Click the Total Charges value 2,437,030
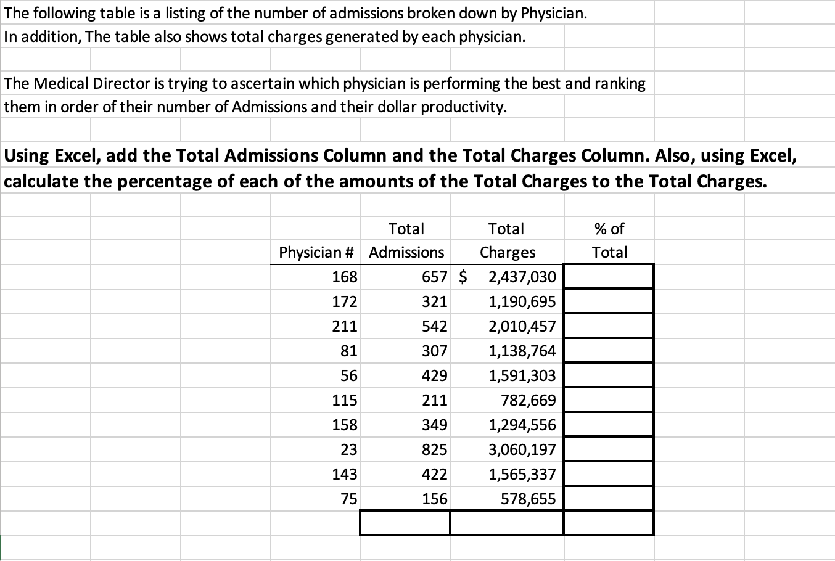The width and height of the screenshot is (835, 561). [x=522, y=277]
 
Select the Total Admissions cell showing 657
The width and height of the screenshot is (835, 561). [x=434, y=277]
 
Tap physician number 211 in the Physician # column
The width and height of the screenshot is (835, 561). [x=344, y=326]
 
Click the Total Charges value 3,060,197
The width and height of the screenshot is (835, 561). [x=522, y=449]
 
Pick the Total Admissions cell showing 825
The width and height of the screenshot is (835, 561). [x=434, y=449]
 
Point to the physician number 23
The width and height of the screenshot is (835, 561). [x=348, y=449]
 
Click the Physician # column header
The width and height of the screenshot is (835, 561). [x=316, y=252]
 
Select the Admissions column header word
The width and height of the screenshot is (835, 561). [x=406, y=252]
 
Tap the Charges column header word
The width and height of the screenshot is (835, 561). [x=508, y=252]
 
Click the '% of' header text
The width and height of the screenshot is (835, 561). [x=609, y=229]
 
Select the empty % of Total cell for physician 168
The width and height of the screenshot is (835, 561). [x=609, y=276]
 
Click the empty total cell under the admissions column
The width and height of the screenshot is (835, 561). [x=405, y=523]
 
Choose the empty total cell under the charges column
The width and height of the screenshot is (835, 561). [x=506, y=523]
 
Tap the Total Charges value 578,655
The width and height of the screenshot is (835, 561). [x=528, y=499]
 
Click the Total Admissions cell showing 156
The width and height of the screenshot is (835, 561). [x=434, y=499]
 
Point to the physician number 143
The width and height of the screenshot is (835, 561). [x=344, y=474]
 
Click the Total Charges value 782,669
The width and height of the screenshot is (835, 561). [x=528, y=400]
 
